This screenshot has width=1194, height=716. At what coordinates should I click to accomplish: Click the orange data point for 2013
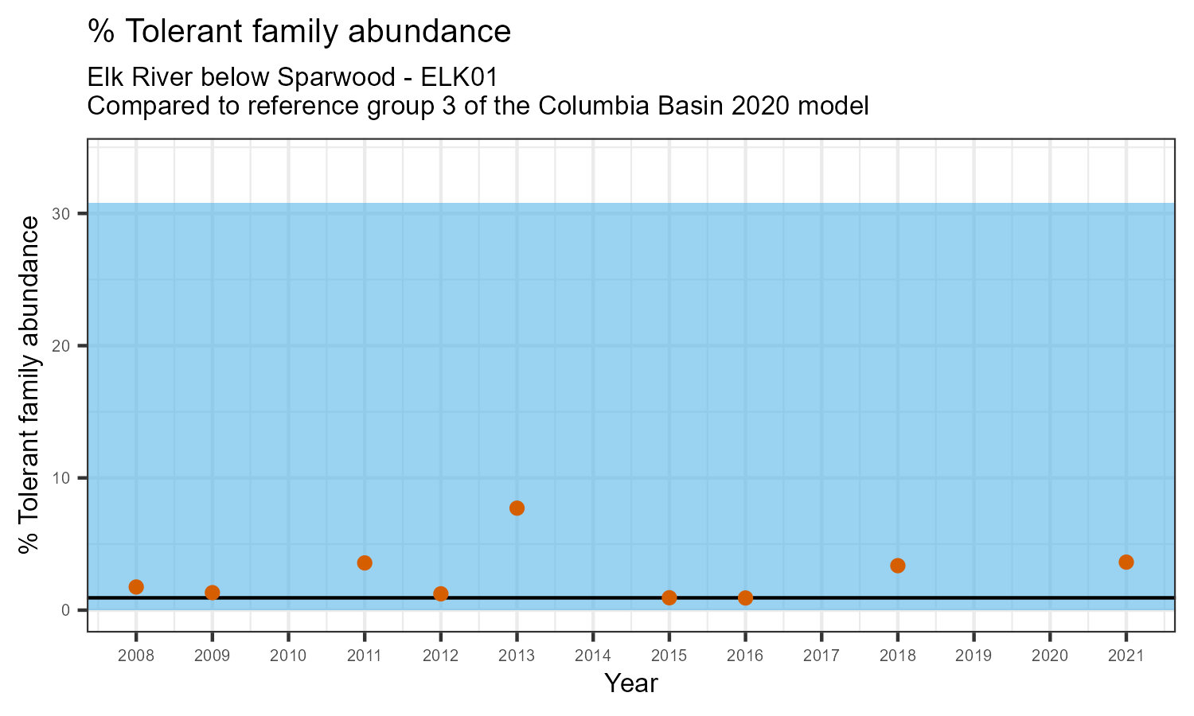coord(517,508)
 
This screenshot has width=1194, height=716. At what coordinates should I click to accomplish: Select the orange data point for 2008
coord(136,587)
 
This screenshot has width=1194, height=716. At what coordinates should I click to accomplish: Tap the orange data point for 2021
coord(1126,562)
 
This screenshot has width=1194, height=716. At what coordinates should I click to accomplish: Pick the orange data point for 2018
coord(898,566)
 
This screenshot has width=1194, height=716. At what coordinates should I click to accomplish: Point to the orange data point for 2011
coord(365,563)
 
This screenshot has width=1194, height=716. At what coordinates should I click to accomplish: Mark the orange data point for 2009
coord(212,593)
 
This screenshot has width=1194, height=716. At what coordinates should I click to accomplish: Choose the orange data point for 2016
coord(745,598)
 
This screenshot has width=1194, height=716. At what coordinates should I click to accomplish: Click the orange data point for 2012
coord(441,593)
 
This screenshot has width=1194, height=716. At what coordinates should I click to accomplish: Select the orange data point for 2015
coord(669,597)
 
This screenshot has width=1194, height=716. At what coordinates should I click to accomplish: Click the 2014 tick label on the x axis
coord(593,656)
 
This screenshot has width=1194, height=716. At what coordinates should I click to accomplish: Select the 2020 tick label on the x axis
coord(1050,656)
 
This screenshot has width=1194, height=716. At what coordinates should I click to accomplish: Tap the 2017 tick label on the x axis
coord(821,656)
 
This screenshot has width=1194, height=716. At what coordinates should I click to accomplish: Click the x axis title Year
coord(631,683)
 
